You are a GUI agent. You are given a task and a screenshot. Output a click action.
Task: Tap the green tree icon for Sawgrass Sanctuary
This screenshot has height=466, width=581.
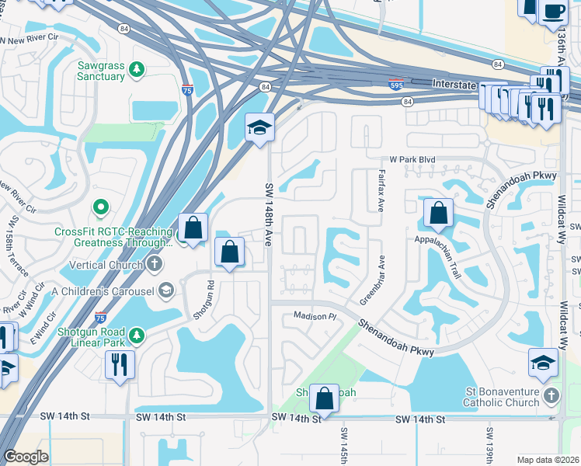[x=137, y=71]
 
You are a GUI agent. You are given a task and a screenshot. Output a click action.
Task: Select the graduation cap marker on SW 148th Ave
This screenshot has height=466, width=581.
[x=259, y=127]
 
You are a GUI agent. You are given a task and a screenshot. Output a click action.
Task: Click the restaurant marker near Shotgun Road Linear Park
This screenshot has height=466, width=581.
[x=120, y=364]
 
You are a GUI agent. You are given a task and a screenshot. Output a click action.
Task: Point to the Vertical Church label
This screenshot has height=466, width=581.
[x=106, y=265]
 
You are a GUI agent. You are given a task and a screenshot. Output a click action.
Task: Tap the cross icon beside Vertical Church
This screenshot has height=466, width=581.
[x=155, y=264]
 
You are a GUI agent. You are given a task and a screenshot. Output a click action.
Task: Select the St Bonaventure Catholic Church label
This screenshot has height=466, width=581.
[x=501, y=397]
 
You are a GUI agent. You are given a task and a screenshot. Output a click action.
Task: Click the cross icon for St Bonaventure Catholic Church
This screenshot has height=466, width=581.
[x=551, y=396]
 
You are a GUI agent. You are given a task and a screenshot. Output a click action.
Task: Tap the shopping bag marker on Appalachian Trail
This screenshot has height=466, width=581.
[x=438, y=214]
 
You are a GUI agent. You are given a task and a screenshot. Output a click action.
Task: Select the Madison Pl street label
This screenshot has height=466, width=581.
[x=314, y=316]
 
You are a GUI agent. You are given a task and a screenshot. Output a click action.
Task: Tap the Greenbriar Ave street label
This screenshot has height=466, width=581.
[x=374, y=280]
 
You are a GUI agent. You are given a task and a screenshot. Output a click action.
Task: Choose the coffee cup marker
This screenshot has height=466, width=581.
[x=553, y=12]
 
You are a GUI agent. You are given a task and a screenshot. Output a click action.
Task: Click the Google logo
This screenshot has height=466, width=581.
[x=26, y=457]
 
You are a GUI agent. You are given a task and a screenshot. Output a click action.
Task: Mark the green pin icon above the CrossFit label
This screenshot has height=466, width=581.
[x=100, y=208]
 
